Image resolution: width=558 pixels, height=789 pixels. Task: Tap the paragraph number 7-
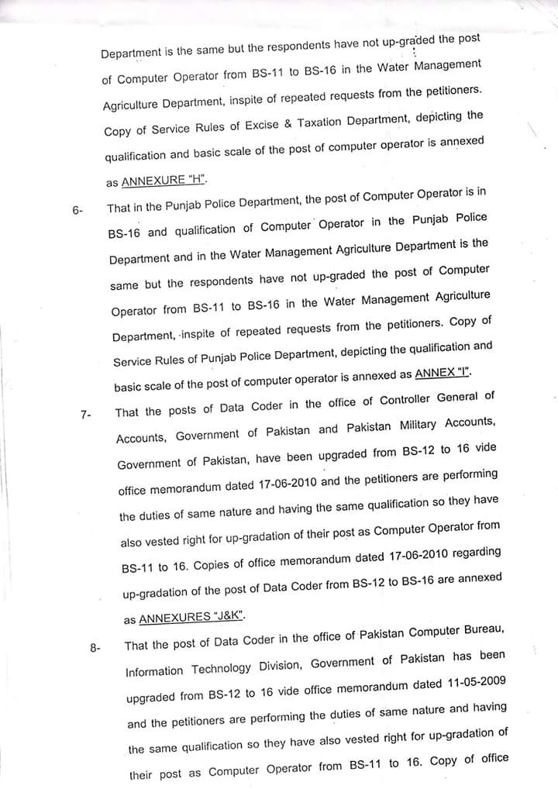coord(85,415)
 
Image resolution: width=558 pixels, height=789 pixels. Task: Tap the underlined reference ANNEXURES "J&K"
coord(192,618)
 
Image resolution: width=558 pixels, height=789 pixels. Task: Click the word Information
coord(154,670)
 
